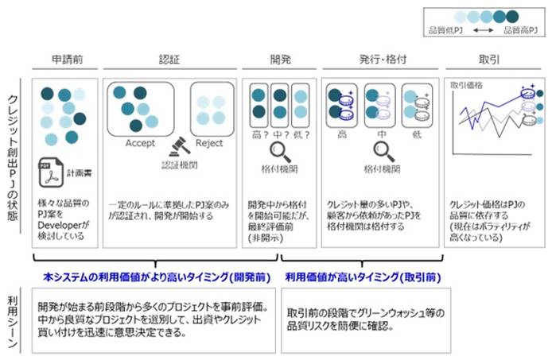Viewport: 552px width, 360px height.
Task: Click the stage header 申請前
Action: coord(65,60)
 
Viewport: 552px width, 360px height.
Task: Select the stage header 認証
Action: coord(169,60)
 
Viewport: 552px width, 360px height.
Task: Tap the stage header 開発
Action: coord(278,60)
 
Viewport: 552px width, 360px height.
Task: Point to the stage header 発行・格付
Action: coord(380,60)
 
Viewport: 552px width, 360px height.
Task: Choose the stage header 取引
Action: coord(489,60)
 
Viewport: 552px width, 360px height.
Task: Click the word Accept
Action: coord(140,143)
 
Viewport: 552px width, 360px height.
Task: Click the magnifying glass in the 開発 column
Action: coord(278,150)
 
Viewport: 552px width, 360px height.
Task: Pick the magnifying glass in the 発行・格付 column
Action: coord(379,150)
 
